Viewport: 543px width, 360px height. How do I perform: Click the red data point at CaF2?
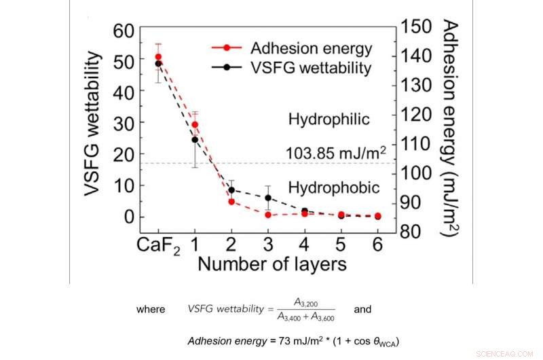tap(158, 57)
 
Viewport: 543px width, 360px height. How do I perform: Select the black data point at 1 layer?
tap(195, 140)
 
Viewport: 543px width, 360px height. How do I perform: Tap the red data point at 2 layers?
tap(231, 202)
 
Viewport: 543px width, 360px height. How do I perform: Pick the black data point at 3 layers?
tap(268, 198)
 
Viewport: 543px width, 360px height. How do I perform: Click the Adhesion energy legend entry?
tap(311, 49)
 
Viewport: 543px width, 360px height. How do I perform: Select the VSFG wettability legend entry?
tap(311, 68)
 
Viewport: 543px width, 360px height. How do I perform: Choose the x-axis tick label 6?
tap(378, 242)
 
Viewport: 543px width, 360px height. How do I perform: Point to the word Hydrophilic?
tap(329, 120)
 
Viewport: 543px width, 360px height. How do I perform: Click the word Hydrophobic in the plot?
tap(333, 186)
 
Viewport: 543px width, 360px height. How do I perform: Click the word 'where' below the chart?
tap(151, 309)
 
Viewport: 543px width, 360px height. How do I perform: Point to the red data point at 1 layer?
tap(195, 124)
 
